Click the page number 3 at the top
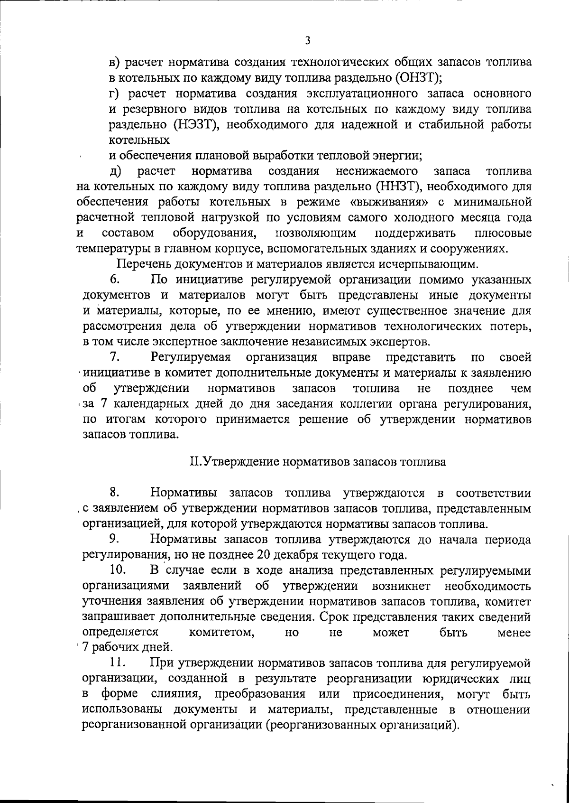308,41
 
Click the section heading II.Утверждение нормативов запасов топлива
317,462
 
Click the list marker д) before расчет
116,171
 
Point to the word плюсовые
502,233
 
